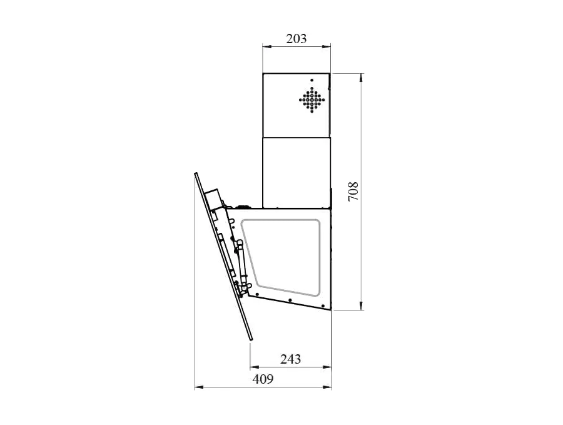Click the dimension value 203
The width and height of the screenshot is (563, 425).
[x=297, y=38]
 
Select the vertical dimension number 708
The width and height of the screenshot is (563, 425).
[x=353, y=192]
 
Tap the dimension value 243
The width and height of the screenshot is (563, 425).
[x=290, y=359]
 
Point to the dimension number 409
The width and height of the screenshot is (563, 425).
[x=263, y=379]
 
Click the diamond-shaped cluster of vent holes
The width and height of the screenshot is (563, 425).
[x=312, y=100]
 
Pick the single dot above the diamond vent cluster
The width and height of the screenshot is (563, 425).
[x=312, y=80]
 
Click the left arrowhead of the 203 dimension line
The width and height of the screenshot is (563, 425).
[x=266, y=46]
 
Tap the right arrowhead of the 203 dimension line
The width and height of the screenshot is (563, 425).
[x=327, y=46]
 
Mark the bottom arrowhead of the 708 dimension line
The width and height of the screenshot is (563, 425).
[x=361, y=305]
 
